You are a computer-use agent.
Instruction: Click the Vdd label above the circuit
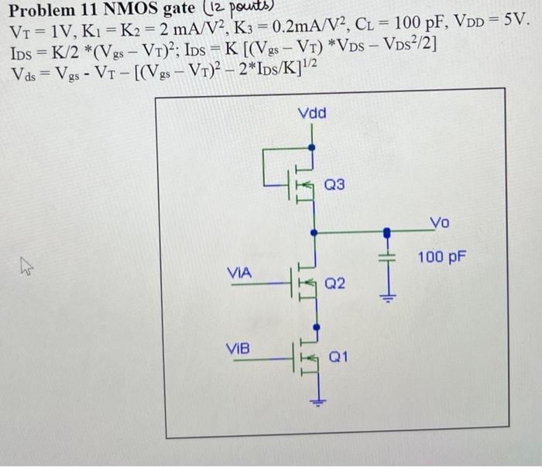click(312, 114)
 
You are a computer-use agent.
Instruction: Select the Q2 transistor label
click(335, 284)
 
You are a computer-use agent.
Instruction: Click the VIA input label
click(239, 273)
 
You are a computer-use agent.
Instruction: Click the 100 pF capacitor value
click(441, 255)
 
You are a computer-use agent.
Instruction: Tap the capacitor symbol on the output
click(389, 256)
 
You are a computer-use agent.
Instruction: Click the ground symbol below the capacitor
click(389, 297)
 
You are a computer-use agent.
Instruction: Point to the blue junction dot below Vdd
click(312, 146)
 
